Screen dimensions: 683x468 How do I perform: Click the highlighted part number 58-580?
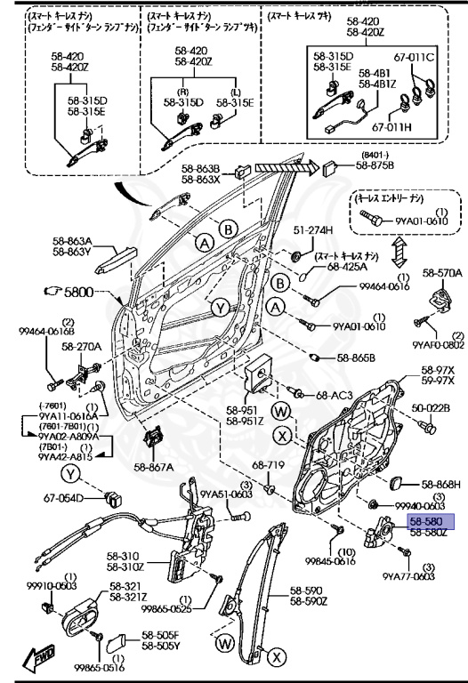[x=432, y=522]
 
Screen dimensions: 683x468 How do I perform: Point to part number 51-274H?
[x=289, y=230]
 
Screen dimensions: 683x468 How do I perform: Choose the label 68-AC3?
[x=334, y=394]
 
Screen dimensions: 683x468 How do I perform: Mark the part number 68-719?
[x=268, y=465]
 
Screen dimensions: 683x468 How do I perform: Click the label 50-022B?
[x=431, y=408]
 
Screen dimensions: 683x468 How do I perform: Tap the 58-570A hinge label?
[x=442, y=273]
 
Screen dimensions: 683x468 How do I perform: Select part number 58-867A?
[x=154, y=466]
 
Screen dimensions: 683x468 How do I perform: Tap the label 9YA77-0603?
[x=409, y=577]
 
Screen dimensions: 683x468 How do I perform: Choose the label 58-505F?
[x=160, y=635]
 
